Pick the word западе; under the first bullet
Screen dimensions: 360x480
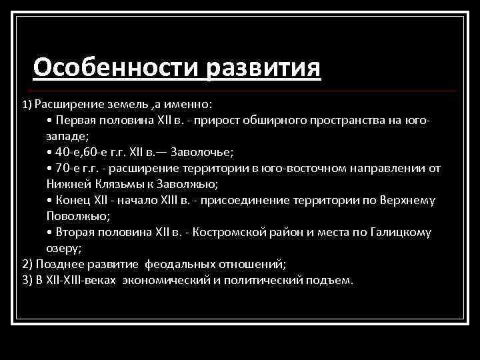(67, 136)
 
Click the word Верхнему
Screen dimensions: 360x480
(407, 201)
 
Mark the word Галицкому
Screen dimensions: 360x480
(402, 233)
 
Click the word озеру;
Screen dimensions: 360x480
(65, 248)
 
